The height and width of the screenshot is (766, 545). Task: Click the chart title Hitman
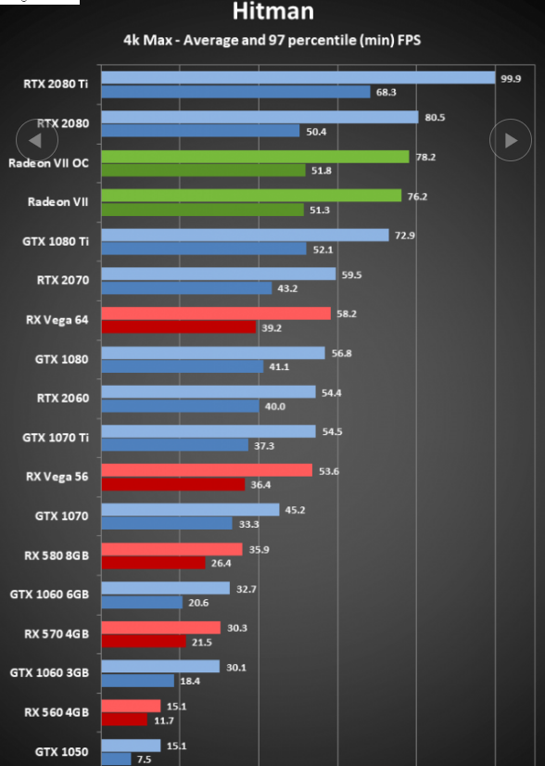(x=273, y=11)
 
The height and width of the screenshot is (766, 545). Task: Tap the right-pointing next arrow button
(x=511, y=140)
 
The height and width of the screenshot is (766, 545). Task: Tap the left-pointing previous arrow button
(x=37, y=140)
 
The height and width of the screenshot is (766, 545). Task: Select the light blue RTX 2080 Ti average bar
(x=298, y=78)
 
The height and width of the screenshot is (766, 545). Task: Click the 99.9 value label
(x=511, y=79)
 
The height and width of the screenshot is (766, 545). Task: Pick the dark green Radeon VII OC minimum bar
(x=204, y=170)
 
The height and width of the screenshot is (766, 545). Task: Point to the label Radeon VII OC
(x=49, y=163)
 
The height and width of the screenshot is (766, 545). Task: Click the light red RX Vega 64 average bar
(x=216, y=313)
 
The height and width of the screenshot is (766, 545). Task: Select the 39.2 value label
(x=272, y=327)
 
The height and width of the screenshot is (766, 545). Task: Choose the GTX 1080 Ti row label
(x=56, y=241)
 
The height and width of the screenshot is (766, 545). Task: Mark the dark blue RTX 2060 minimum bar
(x=180, y=406)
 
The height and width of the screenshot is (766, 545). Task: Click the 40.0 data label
(x=275, y=406)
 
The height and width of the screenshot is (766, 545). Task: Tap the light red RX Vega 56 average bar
(x=207, y=470)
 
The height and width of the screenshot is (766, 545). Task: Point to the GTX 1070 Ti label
(x=56, y=438)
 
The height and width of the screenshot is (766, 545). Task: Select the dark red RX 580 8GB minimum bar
(x=153, y=563)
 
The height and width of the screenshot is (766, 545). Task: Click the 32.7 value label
(x=247, y=589)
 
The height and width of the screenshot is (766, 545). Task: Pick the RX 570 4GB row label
(x=57, y=634)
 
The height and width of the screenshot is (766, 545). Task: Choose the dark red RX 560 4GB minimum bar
(x=124, y=720)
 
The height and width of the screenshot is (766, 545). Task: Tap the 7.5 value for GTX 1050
(x=144, y=760)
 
